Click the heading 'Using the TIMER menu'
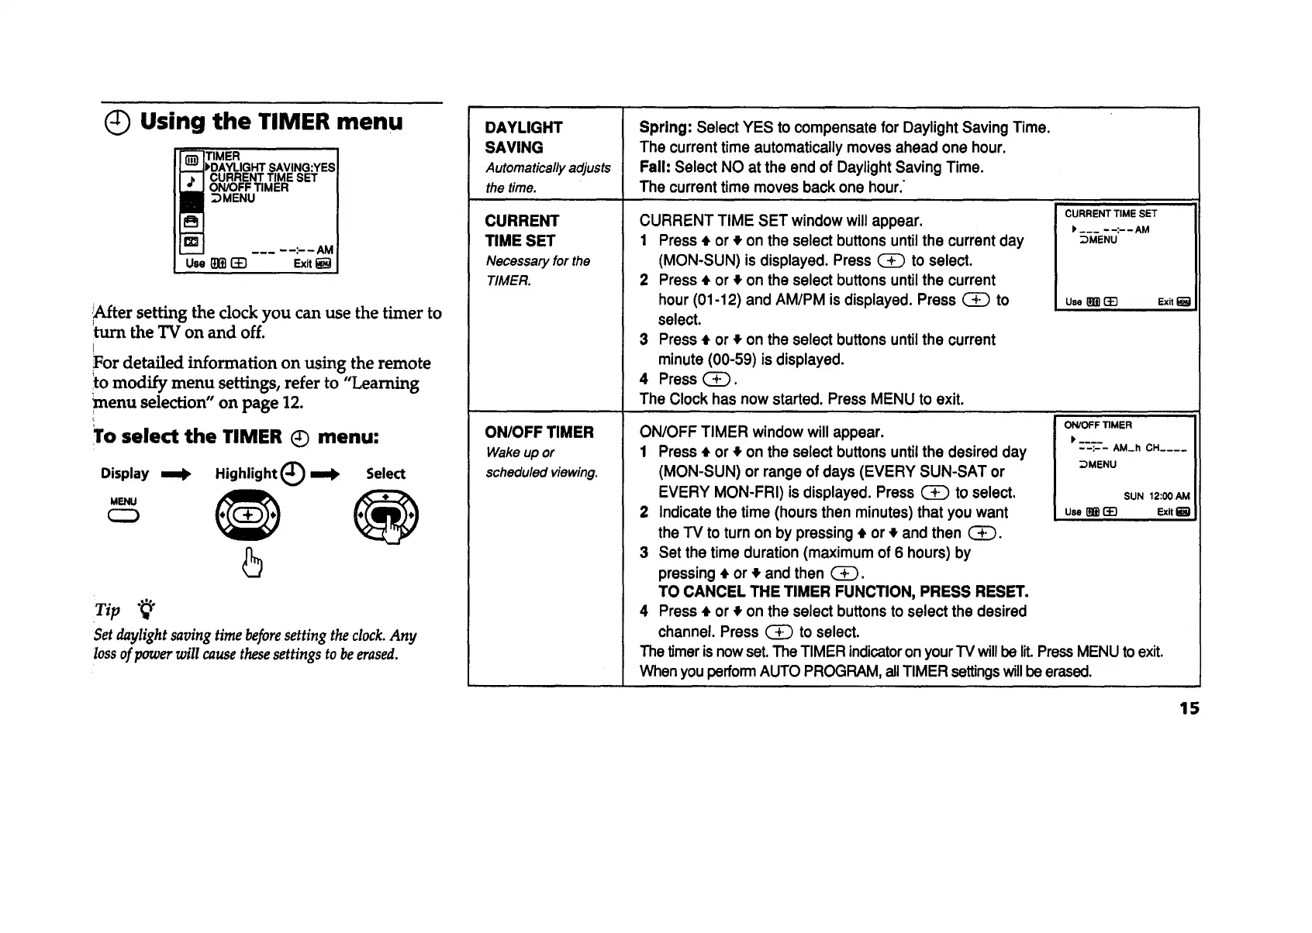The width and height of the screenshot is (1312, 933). pos(271,122)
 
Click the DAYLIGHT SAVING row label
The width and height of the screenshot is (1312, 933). pos(523,137)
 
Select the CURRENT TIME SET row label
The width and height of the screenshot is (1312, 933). pos(521,231)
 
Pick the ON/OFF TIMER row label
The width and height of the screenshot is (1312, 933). pos(539,432)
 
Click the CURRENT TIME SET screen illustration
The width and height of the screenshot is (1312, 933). pos(1126,256)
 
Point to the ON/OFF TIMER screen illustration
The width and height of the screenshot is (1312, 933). pos(1126,468)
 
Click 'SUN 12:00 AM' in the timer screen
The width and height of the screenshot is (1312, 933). pos(1156,496)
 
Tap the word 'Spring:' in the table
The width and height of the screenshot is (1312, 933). pos(665,127)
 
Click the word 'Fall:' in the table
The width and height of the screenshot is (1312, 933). pos(655,167)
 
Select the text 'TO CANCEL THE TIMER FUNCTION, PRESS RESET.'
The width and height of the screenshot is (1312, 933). pos(843,592)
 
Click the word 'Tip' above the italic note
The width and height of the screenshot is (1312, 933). pos(108,610)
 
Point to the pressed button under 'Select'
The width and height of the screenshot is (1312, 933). pos(385,517)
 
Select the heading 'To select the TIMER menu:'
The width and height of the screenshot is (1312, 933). pos(236,436)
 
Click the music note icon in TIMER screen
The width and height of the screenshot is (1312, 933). pos(191,182)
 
